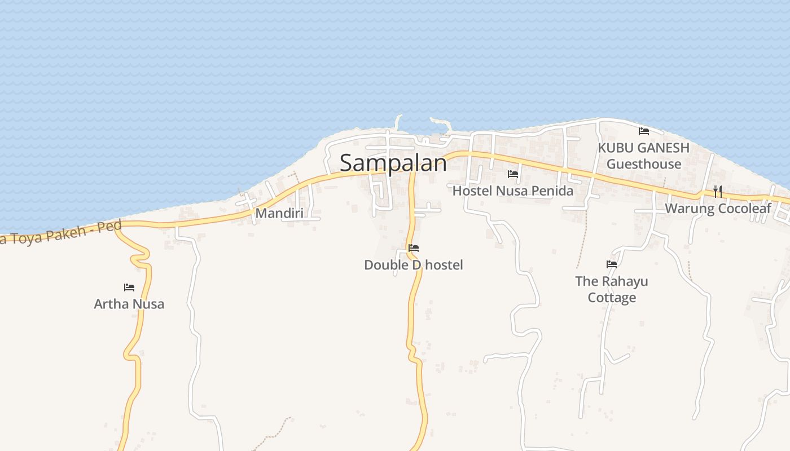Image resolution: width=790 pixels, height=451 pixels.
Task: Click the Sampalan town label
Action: click(393, 163)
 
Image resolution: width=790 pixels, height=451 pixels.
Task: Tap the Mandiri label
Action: click(279, 214)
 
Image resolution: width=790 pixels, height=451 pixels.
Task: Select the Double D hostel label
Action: click(413, 265)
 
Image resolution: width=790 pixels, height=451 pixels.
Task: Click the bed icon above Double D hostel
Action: click(414, 248)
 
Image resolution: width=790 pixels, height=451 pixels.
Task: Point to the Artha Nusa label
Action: click(129, 304)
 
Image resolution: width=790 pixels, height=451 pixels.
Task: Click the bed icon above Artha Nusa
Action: click(129, 288)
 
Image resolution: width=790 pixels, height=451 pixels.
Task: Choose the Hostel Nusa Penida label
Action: click(512, 191)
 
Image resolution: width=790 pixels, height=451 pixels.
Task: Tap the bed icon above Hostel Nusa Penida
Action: click(513, 174)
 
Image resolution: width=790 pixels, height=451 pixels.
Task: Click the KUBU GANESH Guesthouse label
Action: click(644, 156)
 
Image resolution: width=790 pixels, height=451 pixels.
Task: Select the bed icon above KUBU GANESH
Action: click(644, 131)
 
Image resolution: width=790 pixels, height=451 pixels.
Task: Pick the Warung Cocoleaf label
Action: click(718, 209)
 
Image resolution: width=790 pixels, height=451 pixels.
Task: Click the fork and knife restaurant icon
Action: click(718, 192)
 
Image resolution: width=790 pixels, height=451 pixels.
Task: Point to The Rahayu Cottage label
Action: click(612, 289)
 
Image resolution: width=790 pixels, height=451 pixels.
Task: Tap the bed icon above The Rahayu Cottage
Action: click(612, 264)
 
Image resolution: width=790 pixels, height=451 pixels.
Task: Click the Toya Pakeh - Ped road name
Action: click(62, 232)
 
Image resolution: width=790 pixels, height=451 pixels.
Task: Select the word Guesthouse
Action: click(644, 164)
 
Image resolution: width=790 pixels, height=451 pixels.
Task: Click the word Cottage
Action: click(612, 298)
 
